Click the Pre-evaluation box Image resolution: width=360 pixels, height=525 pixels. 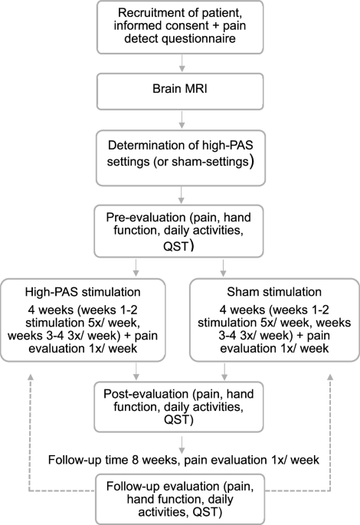pos(180,228)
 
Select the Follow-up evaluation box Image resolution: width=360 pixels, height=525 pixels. pos(180,497)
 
